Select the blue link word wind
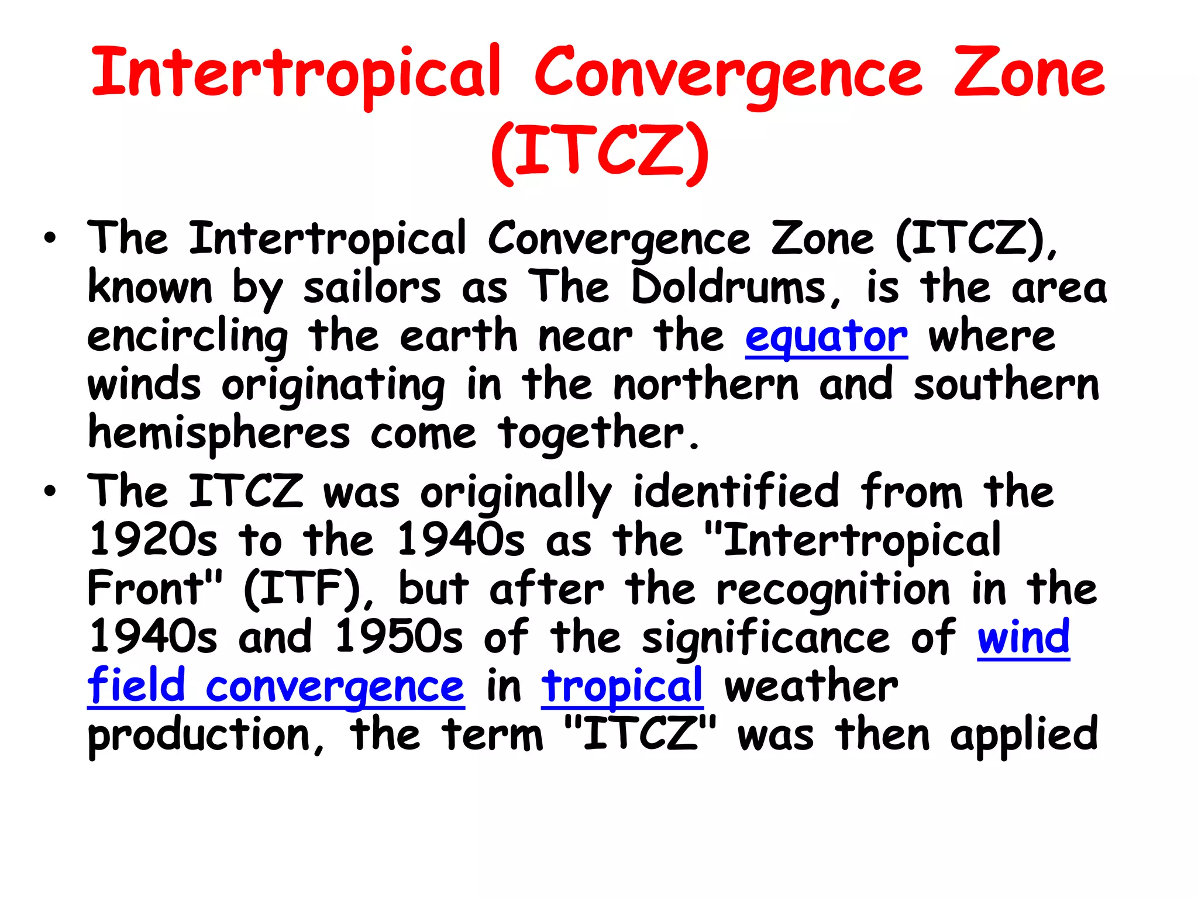1023,637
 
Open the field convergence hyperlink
276,686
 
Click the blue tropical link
622,686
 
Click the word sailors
372,288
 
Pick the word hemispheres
219,434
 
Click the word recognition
834,589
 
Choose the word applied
1024,735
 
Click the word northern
706,385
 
